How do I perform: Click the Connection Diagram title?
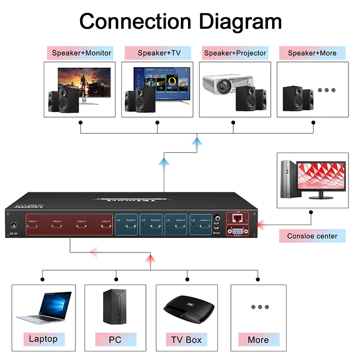180,21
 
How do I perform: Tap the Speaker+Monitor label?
81,53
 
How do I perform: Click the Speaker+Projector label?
235,53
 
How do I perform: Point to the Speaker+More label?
312,53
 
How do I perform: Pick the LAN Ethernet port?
237,219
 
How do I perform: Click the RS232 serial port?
237,230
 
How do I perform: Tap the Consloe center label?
312,236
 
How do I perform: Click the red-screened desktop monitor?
321,177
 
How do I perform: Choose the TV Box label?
186,340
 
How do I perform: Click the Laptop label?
43,339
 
